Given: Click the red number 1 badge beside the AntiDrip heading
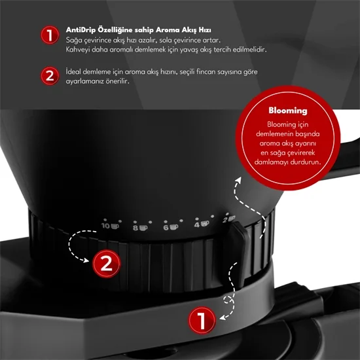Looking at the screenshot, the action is (x=50, y=35).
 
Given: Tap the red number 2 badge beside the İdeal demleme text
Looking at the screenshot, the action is (x=50, y=76).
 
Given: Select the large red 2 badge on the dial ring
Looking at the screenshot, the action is (x=106, y=264).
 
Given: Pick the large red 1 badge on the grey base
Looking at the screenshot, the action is (x=202, y=320).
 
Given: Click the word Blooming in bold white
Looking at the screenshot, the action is (x=288, y=111).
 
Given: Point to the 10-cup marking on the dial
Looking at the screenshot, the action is (x=110, y=226).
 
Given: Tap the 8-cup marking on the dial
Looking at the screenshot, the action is (x=140, y=228).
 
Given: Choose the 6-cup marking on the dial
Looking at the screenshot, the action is (x=171, y=227).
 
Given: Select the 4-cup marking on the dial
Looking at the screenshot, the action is (x=202, y=224).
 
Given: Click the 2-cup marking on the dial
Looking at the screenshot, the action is (x=229, y=219).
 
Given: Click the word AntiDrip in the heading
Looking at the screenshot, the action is (x=81, y=30).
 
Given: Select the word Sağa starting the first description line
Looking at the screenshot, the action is (x=74, y=41).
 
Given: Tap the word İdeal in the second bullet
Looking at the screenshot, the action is (x=73, y=71).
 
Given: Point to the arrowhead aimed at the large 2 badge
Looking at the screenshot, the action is (x=86, y=261).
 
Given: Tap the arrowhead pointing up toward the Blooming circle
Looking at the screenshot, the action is (x=238, y=180).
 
